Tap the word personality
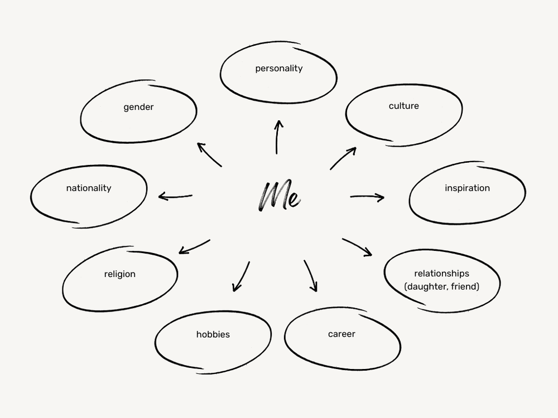coord(278,69)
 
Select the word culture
coord(403,106)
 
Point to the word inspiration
coord(467,188)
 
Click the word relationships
coord(441,274)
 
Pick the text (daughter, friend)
coord(441,286)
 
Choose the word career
coord(341,334)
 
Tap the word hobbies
coord(213,334)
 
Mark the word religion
coord(119,274)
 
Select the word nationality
coord(88,188)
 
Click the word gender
coord(138,107)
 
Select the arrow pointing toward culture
coord(343,158)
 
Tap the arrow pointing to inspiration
coord(367,197)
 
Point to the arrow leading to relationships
coord(357,247)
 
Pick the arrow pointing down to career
coord(311,275)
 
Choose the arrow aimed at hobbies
coord(241,276)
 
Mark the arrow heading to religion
coord(194,247)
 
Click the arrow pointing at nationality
coord(175,196)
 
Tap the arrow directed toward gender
coord(210,154)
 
